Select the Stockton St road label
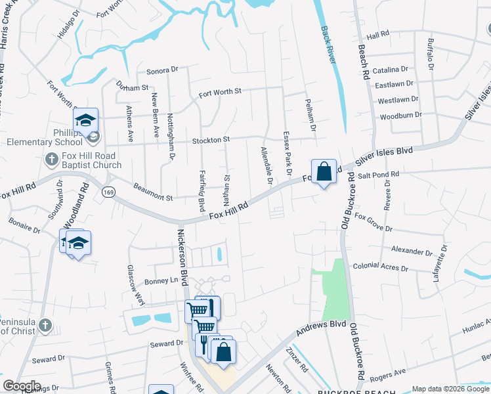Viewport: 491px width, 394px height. pos(211,140)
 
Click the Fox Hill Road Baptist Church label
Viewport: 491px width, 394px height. pos(91,161)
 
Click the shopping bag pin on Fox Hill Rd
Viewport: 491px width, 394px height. pos(324,171)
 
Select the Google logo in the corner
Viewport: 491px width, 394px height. pos(21,386)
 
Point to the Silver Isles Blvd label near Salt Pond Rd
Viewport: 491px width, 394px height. pos(384,156)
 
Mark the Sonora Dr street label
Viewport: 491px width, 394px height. pos(162,70)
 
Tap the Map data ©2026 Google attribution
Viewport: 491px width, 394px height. pos(451,389)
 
